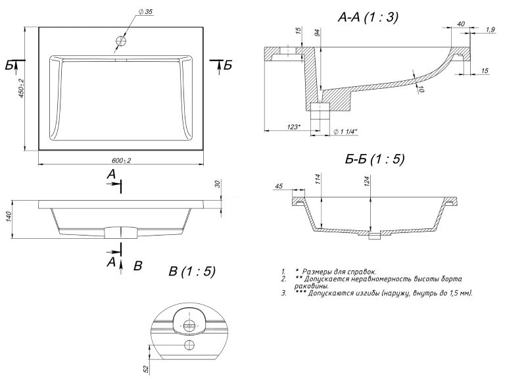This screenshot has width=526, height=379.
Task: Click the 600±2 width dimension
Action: (x=122, y=160)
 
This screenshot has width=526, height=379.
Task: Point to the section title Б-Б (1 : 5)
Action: (x=374, y=159)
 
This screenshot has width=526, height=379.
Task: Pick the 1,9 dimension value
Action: (x=489, y=30)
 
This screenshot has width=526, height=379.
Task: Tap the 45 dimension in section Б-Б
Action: (x=279, y=186)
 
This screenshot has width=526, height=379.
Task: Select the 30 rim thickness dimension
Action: (x=217, y=185)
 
